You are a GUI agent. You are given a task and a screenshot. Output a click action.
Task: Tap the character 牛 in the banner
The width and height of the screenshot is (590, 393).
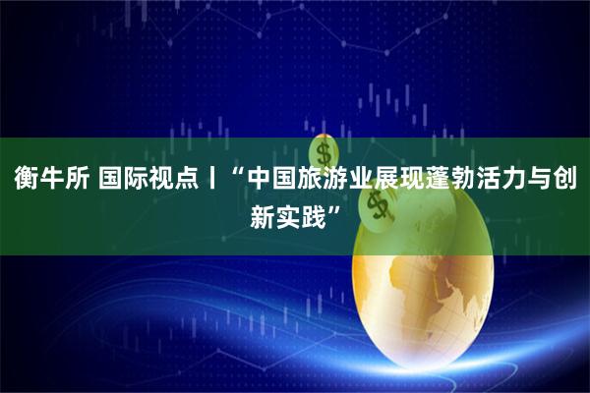(51, 180)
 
